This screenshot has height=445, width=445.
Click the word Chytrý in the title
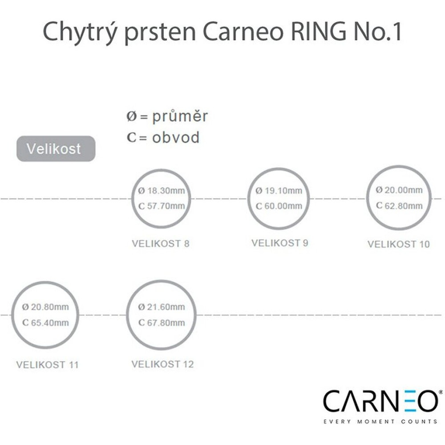click(x=80, y=32)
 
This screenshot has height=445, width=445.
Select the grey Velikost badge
click(x=56, y=149)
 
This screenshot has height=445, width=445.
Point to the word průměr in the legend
click(x=180, y=116)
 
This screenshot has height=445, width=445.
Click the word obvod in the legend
click(x=176, y=137)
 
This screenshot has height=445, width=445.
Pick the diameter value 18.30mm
click(x=166, y=190)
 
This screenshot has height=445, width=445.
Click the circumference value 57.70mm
click(x=166, y=206)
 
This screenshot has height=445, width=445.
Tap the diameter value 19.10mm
click(x=283, y=190)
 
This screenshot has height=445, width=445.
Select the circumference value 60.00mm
click(x=283, y=206)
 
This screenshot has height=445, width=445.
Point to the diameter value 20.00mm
click(x=403, y=190)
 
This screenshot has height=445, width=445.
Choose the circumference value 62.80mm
click(x=403, y=205)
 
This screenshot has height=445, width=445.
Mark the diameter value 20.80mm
click(x=50, y=307)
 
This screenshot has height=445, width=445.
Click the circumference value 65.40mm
click(x=50, y=323)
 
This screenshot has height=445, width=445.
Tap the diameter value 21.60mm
click(x=166, y=307)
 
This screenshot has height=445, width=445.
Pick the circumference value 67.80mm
click(x=166, y=323)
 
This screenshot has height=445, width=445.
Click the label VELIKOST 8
click(x=161, y=243)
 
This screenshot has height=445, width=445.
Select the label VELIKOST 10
click(x=398, y=244)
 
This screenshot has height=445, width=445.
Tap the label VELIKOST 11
click(x=48, y=365)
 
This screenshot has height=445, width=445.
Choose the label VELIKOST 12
click(x=162, y=364)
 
